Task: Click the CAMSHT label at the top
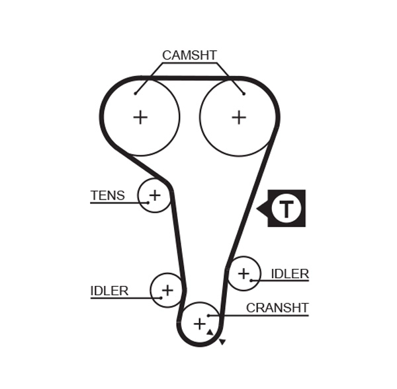click(189, 55)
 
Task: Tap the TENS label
click(107, 195)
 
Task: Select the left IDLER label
click(109, 291)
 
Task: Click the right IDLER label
click(290, 273)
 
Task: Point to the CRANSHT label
click(277, 308)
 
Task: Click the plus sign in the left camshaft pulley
click(140, 117)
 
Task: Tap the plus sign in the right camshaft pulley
click(239, 117)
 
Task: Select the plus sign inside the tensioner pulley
click(155, 195)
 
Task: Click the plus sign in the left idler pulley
click(167, 289)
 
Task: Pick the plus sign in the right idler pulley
click(244, 272)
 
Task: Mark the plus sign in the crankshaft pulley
click(199, 324)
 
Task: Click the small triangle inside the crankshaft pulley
click(210, 332)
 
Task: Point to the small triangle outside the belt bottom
click(223, 341)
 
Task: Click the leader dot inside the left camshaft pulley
click(135, 93)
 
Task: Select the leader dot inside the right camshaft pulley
click(243, 93)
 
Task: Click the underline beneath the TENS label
click(116, 202)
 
